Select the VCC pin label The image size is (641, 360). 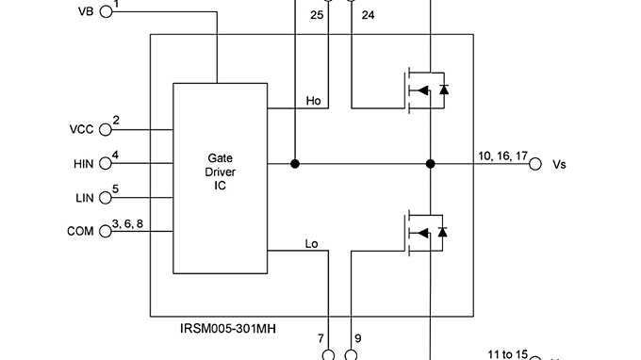point(82,129)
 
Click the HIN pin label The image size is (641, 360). point(83,164)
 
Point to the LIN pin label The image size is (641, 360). point(84,198)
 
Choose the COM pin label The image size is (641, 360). point(80,231)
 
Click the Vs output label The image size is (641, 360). point(560,164)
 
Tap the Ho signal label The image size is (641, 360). point(314,100)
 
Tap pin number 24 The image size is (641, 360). point(368,15)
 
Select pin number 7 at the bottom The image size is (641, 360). point(321,337)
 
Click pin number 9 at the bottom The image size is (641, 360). point(357,337)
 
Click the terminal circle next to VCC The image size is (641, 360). point(106,129)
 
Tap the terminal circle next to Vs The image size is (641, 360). point(534,164)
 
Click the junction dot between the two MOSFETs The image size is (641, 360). point(430,164)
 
